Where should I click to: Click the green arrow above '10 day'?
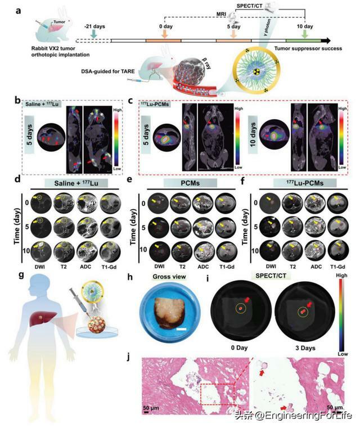click(x=305, y=34)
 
